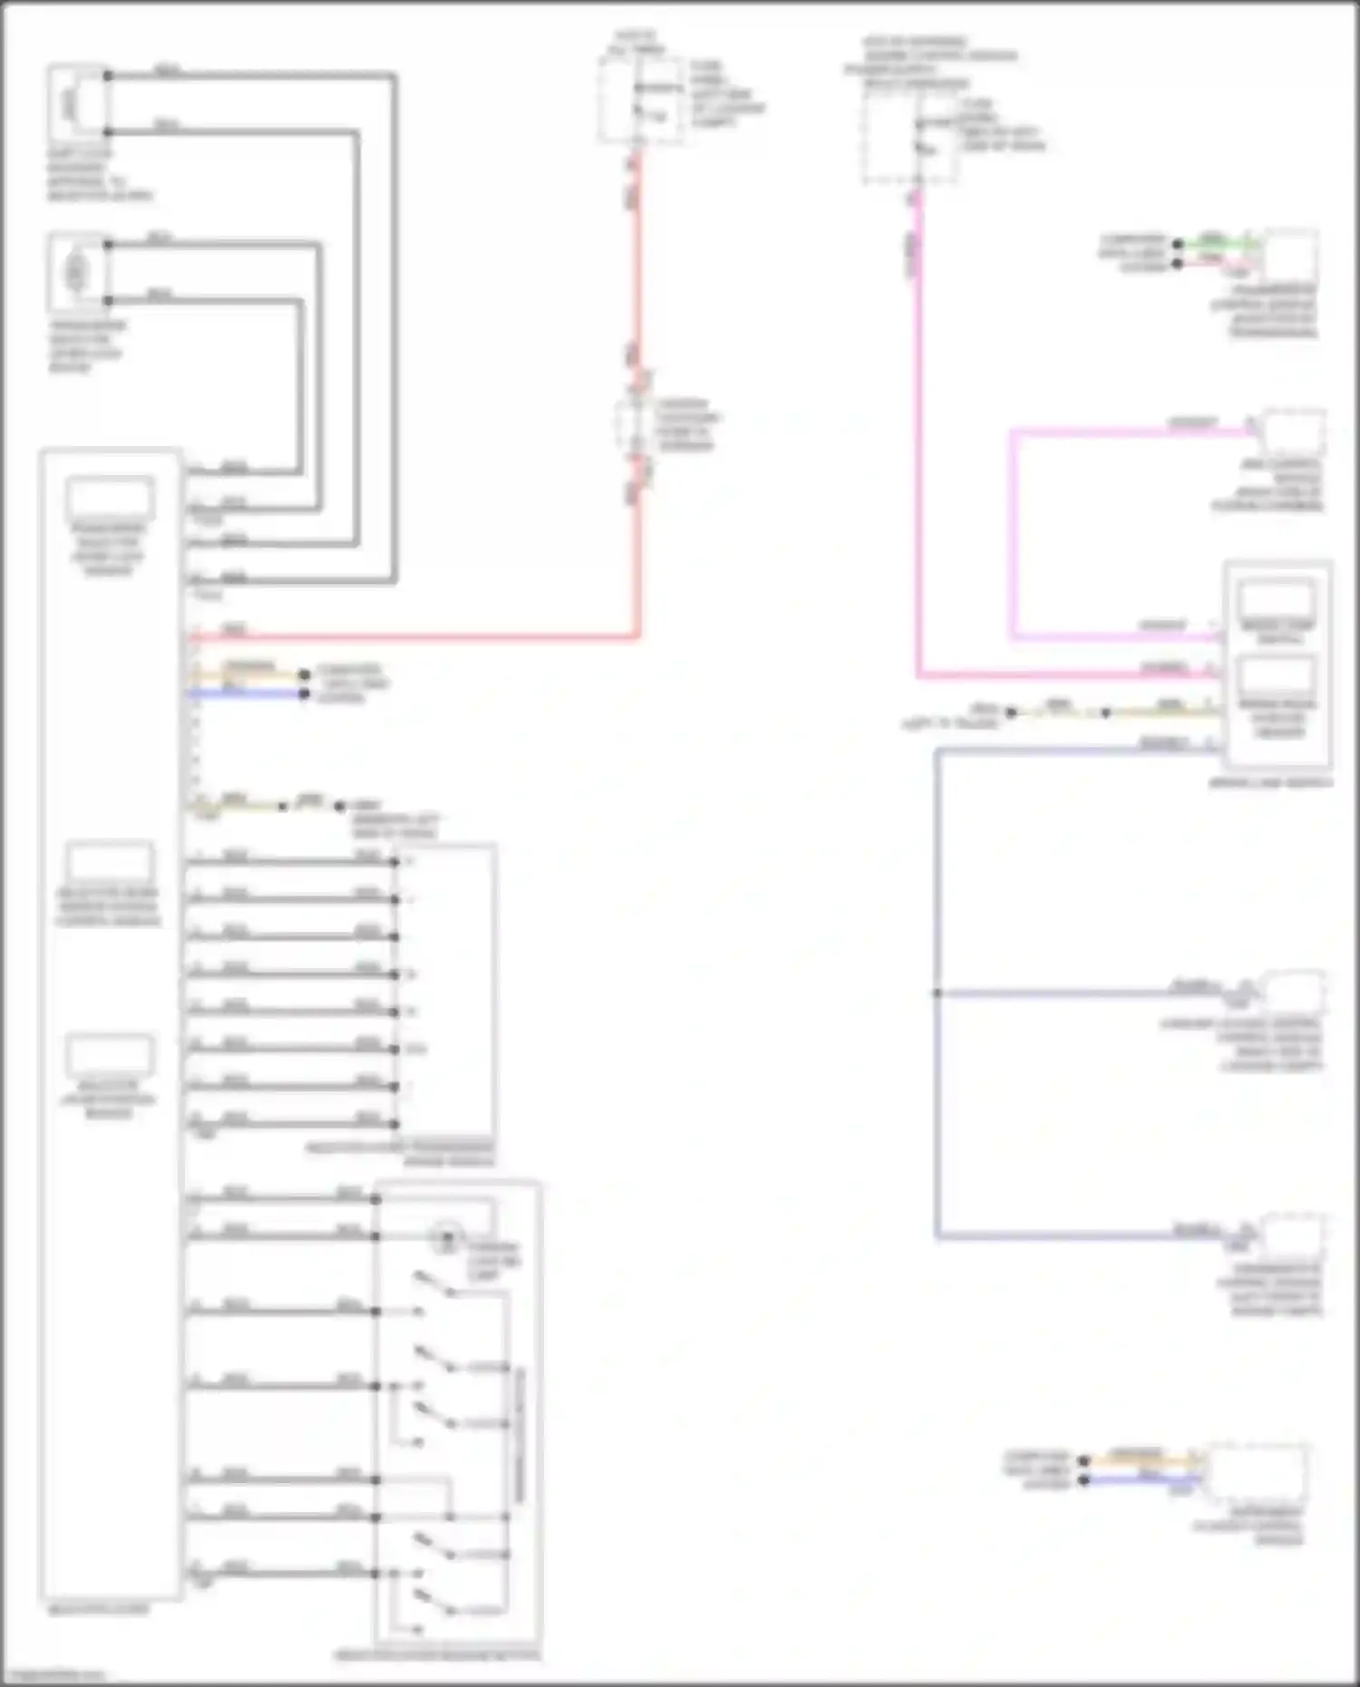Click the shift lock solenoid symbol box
(x=76, y=102)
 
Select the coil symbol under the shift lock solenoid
(x=76, y=271)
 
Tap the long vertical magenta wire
(x=918, y=453)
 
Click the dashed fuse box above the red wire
(x=639, y=100)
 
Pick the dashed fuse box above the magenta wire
(x=909, y=136)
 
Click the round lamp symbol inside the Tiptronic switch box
(x=445, y=1238)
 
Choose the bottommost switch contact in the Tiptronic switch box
(x=433, y=1605)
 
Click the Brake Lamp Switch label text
(x=1269, y=782)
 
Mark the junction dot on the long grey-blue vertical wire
(x=937, y=994)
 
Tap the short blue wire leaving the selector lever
(x=245, y=694)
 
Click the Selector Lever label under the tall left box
(x=97, y=1610)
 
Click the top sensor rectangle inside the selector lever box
(x=110, y=499)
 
